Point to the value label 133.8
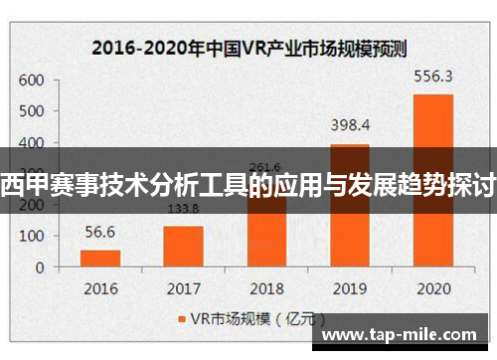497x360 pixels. pos(183,209)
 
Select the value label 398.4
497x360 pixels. pos(349,124)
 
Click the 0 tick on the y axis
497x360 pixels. pos(40,267)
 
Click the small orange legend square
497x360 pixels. pos(181,319)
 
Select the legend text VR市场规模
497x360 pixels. pos(222,319)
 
